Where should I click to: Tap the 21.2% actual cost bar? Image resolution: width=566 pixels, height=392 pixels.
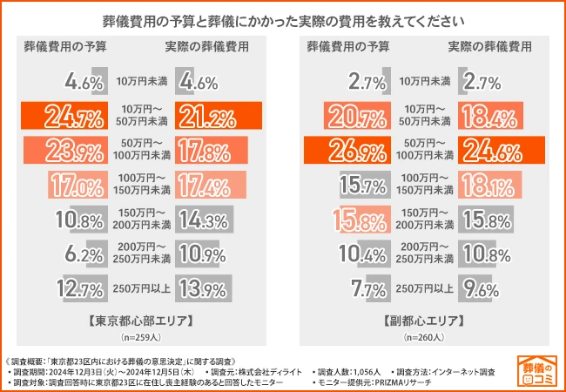tap(218, 116)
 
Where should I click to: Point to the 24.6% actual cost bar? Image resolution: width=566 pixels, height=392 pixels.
tap(497, 149)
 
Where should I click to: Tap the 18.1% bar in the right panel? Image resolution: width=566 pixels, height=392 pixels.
tap(484, 184)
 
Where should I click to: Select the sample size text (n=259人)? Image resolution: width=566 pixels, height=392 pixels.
tap(141, 336)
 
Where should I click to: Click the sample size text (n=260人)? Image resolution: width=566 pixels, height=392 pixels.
tap(424, 336)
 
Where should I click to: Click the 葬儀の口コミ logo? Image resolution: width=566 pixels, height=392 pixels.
tap(535, 369)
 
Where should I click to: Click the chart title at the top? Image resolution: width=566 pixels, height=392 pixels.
tap(283, 18)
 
